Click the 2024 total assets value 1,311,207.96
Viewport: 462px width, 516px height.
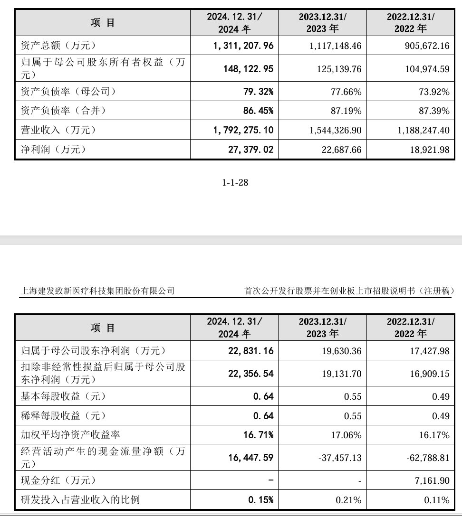tap(242, 46)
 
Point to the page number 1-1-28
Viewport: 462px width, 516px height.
tap(235, 183)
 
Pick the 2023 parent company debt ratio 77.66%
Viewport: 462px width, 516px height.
tap(346, 91)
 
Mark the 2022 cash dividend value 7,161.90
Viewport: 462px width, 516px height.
tap(431, 481)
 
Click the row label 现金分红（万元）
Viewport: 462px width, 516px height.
tap(59, 481)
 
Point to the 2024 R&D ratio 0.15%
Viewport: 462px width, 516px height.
tap(261, 500)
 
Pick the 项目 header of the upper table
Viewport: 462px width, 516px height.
tap(103, 23)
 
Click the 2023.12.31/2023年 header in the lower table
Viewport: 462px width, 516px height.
tap(323, 328)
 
